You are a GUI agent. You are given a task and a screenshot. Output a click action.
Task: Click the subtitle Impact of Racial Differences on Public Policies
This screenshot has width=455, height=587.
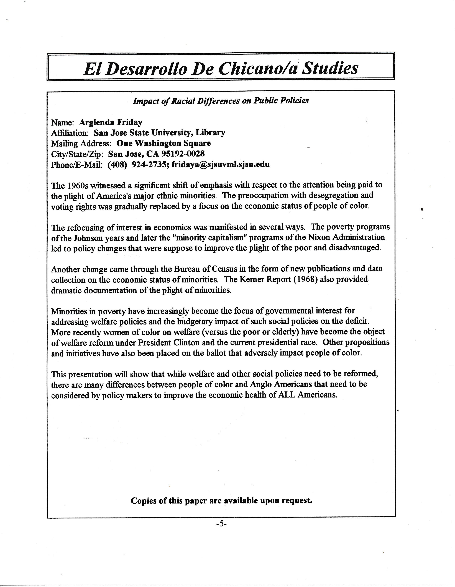point(221,101)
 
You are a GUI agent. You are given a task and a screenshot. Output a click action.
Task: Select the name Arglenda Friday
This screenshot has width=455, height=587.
point(111,122)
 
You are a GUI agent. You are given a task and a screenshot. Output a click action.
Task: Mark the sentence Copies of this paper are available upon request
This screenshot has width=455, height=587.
point(221,500)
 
